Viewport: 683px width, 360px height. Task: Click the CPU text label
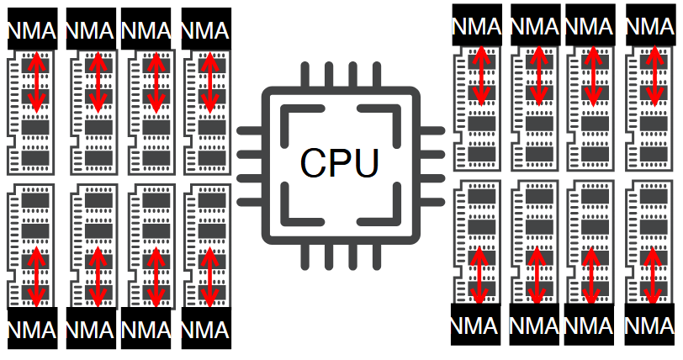point(341,163)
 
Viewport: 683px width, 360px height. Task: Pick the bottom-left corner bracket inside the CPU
point(294,209)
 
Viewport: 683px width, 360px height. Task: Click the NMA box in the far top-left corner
point(32,31)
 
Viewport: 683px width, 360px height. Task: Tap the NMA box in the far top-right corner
point(650,25)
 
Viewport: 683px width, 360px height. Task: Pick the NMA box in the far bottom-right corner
point(650,324)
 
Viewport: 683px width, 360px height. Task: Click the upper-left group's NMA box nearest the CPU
point(205,31)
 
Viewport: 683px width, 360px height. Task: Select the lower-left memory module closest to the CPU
point(205,244)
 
